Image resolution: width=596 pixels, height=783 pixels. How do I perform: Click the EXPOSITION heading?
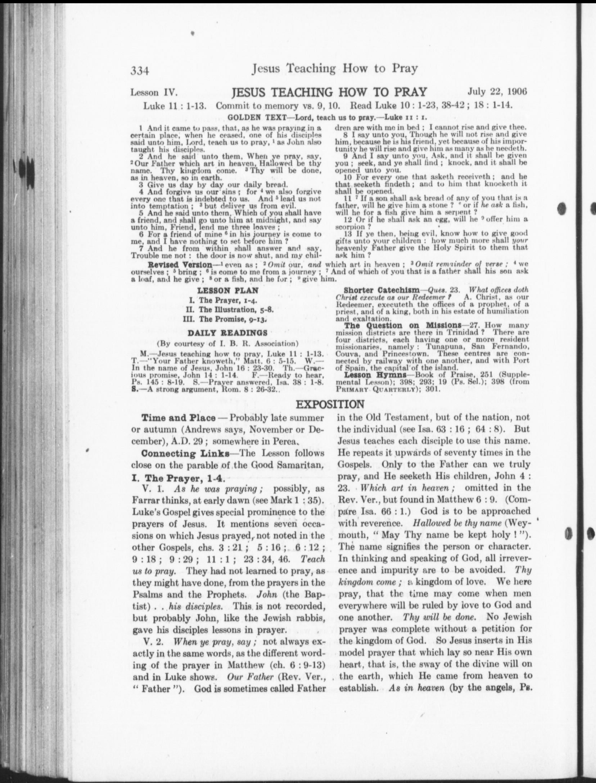pyautogui.click(x=330, y=404)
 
